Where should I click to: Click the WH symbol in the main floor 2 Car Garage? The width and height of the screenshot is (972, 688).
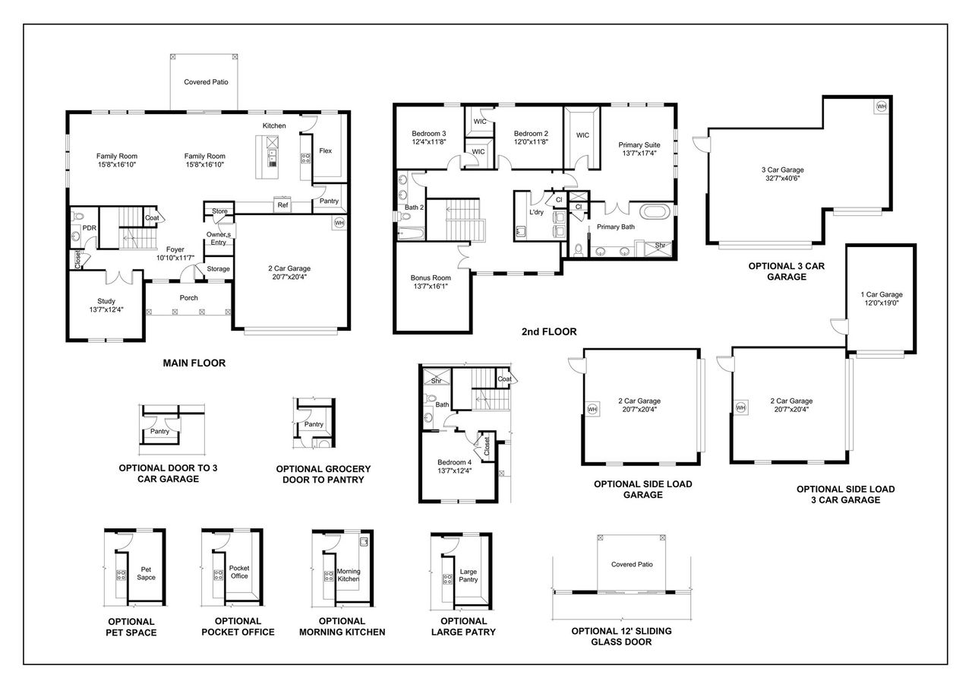click(x=339, y=224)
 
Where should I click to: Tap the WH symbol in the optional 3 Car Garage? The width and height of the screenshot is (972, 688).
click(x=882, y=106)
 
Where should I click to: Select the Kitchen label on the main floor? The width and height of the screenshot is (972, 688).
click(x=274, y=125)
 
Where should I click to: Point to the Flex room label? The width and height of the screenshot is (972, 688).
click(x=325, y=151)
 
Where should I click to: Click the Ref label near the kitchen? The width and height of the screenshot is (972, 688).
click(x=282, y=204)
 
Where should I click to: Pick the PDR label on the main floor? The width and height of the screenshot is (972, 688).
click(x=89, y=227)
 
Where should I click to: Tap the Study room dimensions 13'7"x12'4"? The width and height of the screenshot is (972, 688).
click(x=106, y=309)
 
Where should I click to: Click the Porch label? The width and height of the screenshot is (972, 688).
click(x=188, y=298)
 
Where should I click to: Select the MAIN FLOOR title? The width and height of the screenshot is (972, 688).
click(x=194, y=363)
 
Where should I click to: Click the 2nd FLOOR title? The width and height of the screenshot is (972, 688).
click(x=548, y=331)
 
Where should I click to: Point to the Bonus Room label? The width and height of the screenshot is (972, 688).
click(x=431, y=278)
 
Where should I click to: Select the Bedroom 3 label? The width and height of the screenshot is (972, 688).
click(x=428, y=132)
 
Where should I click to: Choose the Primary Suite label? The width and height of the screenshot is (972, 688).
click(x=639, y=144)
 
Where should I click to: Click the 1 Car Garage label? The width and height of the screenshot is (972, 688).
click(x=881, y=294)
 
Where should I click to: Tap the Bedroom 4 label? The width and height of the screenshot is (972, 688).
click(x=454, y=462)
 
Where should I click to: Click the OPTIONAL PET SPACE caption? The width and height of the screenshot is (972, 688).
click(x=131, y=626)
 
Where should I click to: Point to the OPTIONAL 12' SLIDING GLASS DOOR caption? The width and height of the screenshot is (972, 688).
click(x=621, y=636)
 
